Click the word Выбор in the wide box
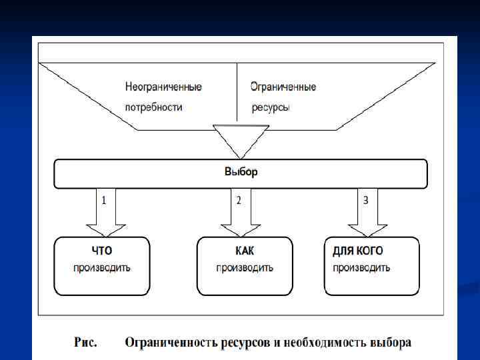pyautogui.click(x=241, y=172)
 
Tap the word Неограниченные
pyautogui.click(x=163, y=87)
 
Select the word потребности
pyautogui.click(x=153, y=107)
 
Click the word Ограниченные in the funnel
pyautogui.click(x=283, y=87)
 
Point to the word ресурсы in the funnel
pyautogui.click(x=271, y=107)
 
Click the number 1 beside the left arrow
pyautogui.click(x=104, y=199)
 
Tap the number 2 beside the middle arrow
pyautogui.click(x=239, y=199)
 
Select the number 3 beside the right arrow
pyautogui.click(x=365, y=199)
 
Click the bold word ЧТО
pyautogui.click(x=102, y=251)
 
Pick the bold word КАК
pyautogui.click(x=245, y=251)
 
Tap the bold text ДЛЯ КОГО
pyautogui.click(x=357, y=251)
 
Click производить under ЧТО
pyautogui.click(x=102, y=268)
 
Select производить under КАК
pyautogui.click(x=245, y=268)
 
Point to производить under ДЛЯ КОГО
pyautogui.click(x=361, y=268)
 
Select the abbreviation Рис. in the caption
pyautogui.click(x=85, y=343)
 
